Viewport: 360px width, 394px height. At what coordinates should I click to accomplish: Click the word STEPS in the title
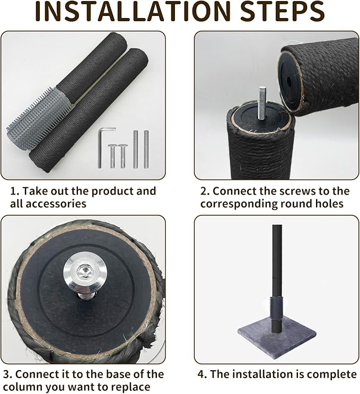[282, 12]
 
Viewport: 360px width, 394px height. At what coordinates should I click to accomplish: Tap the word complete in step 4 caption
[332, 375]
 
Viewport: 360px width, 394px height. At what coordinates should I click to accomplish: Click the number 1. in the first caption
[14, 191]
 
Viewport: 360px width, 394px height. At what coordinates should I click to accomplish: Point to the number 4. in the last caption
[202, 374]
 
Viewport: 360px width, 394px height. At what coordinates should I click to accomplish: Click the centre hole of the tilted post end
[289, 82]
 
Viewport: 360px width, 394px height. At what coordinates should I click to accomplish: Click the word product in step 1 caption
[112, 192]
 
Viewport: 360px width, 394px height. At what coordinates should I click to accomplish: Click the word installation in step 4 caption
[263, 374]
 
